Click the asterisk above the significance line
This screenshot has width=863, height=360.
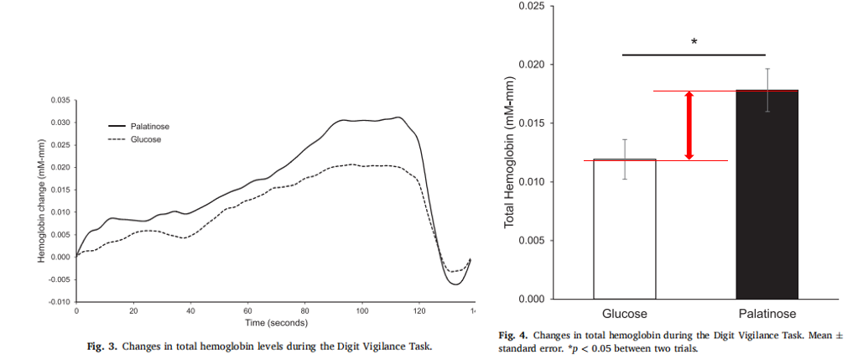694,42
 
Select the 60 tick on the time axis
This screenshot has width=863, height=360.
247,310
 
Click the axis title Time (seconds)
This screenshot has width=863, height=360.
276,322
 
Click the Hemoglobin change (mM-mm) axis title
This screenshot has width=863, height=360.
40,201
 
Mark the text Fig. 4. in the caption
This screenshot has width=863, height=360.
513,334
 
